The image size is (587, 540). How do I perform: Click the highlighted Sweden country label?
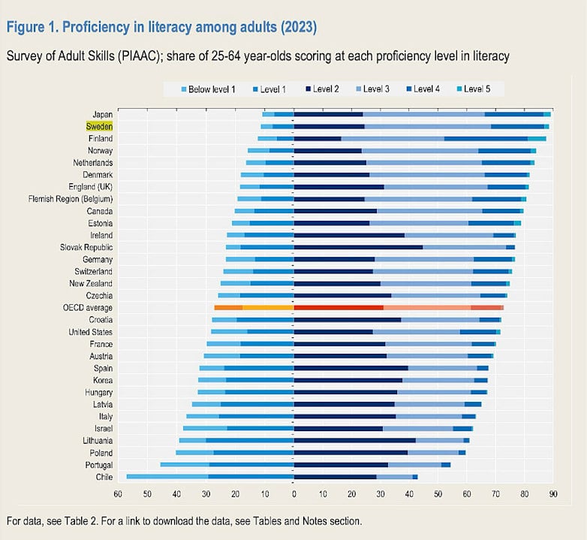coord(99,127)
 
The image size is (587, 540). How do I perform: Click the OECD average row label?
coord(88,308)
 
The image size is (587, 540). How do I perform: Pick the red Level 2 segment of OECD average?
coord(339,308)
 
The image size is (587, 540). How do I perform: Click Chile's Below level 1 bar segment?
coord(167,477)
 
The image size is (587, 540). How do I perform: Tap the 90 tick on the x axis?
coord(552,494)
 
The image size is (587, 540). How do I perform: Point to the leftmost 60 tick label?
coord(118,494)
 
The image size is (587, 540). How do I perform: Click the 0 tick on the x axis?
coord(294,494)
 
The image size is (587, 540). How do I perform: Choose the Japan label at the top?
coord(101,115)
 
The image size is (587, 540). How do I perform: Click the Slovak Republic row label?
coord(86,247)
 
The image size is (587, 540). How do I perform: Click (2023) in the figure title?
coord(294,28)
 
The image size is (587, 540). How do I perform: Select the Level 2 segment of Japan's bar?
coord(328,114)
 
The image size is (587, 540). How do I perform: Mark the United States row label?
coord(90,332)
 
